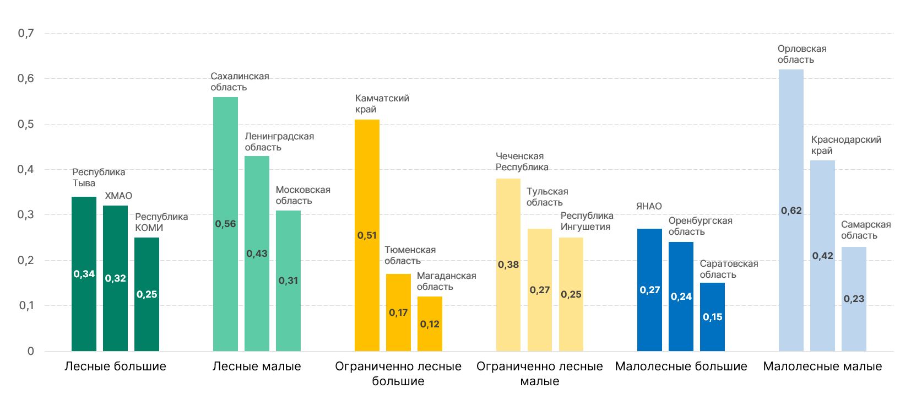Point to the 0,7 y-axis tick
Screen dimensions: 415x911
pos(26,34)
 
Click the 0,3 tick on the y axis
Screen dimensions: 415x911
pos(26,215)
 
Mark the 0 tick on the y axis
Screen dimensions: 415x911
pos(31,351)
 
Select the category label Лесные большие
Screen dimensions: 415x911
pos(115,367)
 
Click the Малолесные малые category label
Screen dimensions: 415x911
pos(822,367)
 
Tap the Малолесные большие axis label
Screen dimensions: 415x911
pos(681,367)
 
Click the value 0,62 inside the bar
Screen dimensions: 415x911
pos(791,211)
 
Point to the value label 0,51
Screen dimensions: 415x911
pos(367,235)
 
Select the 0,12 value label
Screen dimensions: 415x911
pos(430,324)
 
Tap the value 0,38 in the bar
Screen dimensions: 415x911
pos(508,265)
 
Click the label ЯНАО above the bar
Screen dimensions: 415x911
pos(649,206)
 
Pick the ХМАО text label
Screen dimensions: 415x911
pos(118,196)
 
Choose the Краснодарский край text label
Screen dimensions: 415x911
pos(846,145)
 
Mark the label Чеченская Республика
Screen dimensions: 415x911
pos(522,161)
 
